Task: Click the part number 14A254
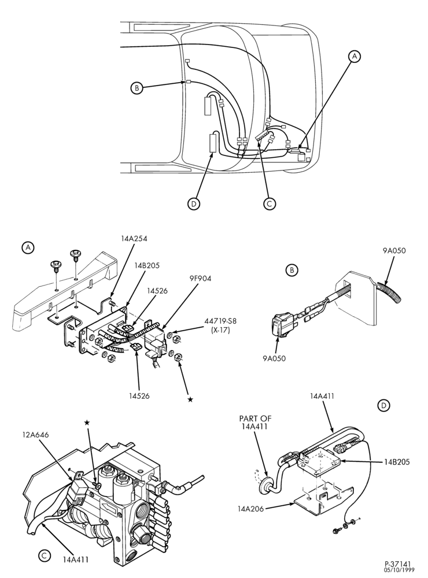click(x=134, y=239)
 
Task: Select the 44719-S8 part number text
click(x=220, y=321)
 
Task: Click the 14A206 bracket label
click(x=251, y=509)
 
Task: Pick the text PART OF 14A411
click(x=255, y=423)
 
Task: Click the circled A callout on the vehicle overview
click(x=355, y=56)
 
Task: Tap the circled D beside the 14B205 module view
click(x=383, y=406)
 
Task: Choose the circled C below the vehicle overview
click(x=270, y=203)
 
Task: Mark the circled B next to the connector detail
click(x=292, y=270)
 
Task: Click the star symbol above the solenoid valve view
click(x=87, y=423)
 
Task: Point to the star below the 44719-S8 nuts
click(x=190, y=399)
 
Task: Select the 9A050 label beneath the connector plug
click(x=274, y=358)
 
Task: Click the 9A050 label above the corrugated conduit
click(x=394, y=251)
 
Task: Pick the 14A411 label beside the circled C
click(x=76, y=559)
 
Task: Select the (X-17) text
click(x=220, y=330)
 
